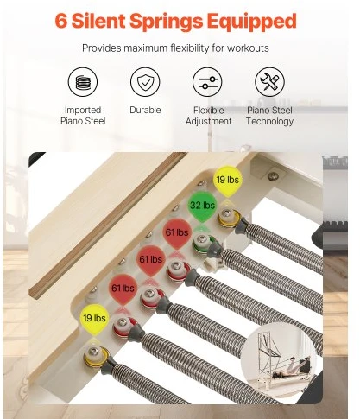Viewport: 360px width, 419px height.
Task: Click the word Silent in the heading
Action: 98,21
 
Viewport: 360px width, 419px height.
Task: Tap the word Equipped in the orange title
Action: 252,22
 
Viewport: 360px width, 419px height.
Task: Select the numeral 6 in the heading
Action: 61,21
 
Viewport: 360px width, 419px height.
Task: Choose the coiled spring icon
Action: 83,82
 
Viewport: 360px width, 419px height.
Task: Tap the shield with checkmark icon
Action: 145,82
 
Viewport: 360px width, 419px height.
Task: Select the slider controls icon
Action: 207,82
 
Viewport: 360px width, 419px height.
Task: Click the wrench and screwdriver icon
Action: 269,82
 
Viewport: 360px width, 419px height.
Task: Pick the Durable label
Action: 145,110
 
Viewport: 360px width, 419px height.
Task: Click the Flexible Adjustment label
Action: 208,116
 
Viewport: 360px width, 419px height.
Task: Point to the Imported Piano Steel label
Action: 83,116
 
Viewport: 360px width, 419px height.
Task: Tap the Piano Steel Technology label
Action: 269,116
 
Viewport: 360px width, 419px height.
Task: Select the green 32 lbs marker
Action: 202,206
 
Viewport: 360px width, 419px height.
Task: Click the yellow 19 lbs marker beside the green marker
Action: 228,181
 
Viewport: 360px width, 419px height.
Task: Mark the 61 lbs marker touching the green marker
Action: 177,232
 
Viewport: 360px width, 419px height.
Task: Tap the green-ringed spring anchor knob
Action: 203,241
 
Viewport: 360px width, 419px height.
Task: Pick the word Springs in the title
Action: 167,22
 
